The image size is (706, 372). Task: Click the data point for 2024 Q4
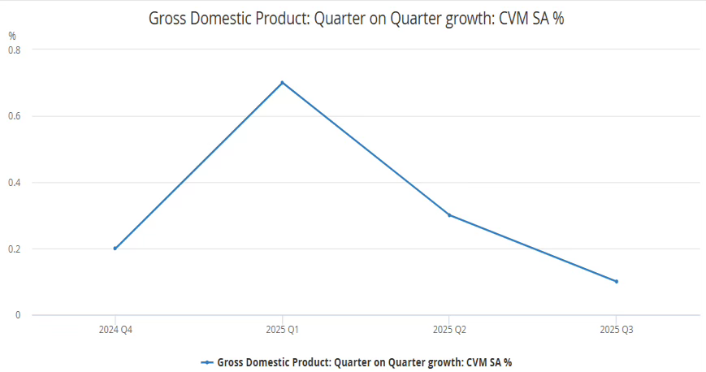(115, 249)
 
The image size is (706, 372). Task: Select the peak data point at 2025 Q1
(282, 82)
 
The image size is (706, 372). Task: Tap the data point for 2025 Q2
(449, 215)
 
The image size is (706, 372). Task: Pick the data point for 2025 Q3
(616, 282)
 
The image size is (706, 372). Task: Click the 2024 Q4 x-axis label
(115, 331)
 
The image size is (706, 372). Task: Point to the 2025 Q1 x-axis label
(282, 331)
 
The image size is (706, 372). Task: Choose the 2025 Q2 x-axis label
(449, 331)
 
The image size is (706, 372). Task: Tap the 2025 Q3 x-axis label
(616, 331)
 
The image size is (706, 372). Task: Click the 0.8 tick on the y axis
(15, 50)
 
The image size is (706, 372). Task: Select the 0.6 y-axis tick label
(15, 116)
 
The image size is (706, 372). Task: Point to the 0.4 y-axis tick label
(15, 183)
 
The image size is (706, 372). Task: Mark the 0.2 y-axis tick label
(15, 249)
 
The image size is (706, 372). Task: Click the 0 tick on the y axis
(18, 315)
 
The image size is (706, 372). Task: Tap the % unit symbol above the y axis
(12, 36)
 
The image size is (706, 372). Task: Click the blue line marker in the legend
(207, 362)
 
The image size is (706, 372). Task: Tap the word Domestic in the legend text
(265, 362)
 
